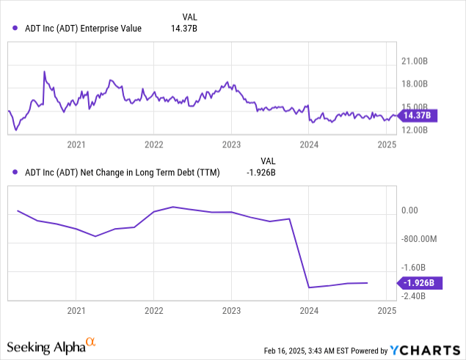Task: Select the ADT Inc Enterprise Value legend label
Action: (x=82, y=29)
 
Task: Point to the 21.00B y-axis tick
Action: (x=415, y=62)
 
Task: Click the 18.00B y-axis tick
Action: (x=415, y=85)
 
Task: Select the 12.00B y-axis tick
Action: (x=415, y=131)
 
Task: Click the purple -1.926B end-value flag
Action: (x=418, y=282)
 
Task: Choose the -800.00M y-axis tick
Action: (x=419, y=239)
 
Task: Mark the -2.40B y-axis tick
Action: (x=414, y=296)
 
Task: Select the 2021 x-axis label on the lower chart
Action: (x=76, y=311)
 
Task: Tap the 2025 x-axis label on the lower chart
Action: (x=387, y=311)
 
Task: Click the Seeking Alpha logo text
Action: (x=45, y=345)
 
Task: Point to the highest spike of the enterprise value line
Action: (x=44, y=71)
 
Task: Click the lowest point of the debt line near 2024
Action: (x=309, y=287)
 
